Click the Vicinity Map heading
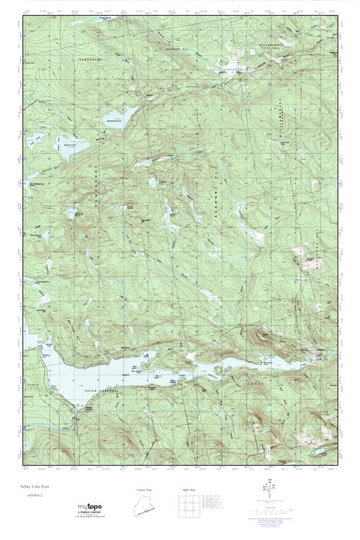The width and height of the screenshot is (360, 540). pyautogui.click(x=145, y=490)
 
